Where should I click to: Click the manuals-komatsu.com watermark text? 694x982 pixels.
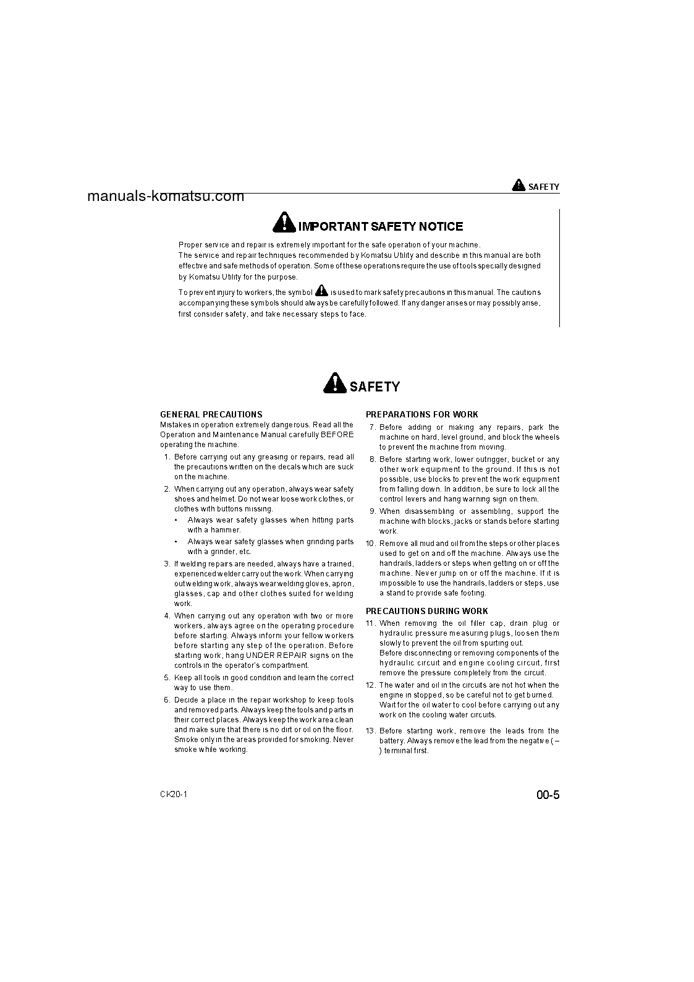click(x=166, y=197)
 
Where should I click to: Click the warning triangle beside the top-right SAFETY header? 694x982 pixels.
click(x=518, y=185)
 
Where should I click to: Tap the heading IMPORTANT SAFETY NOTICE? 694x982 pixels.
click(x=380, y=226)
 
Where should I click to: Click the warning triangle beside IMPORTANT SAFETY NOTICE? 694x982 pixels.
click(x=283, y=222)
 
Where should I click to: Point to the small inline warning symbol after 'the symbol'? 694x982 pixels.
click(x=321, y=290)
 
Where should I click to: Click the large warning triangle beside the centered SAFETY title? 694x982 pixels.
click(x=334, y=384)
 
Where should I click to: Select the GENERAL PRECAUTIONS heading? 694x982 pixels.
click(x=211, y=414)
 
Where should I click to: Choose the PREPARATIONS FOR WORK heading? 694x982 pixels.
click(x=421, y=414)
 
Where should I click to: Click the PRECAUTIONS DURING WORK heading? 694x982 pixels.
click(x=426, y=611)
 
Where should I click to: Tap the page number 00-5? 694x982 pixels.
click(x=548, y=795)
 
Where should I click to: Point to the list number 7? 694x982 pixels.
click(x=372, y=427)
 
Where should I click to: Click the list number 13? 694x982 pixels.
click(x=371, y=731)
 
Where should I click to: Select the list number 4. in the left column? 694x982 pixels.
click(x=167, y=616)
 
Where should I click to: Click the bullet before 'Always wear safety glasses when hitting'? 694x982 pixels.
click(x=176, y=521)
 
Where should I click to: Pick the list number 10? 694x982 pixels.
click(x=371, y=544)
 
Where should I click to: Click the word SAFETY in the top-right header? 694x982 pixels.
click(x=544, y=187)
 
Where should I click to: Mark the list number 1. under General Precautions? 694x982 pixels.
click(x=167, y=457)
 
